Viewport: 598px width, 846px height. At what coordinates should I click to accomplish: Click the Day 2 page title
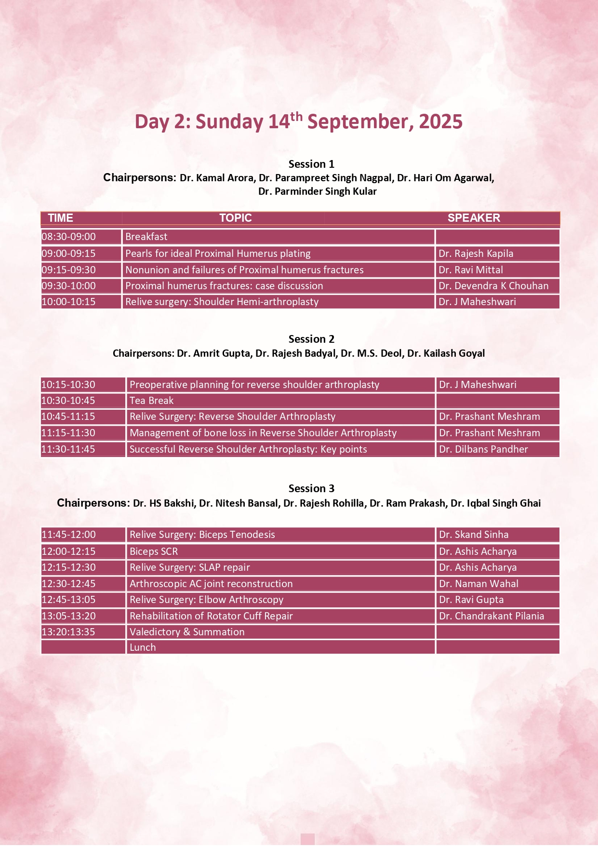click(298, 121)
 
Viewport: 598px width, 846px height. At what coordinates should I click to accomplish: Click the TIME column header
click(61, 218)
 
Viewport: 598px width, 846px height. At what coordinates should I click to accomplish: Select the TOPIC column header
click(235, 218)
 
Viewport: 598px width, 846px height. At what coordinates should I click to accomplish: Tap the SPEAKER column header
click(474, 218)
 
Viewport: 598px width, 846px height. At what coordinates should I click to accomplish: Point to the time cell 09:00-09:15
click(68, 254)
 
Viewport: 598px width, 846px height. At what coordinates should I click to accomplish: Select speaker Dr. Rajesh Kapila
click(476, 254)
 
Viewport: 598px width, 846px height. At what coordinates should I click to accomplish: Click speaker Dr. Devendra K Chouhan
click(493, 286)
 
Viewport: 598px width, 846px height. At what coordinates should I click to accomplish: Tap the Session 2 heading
click(311, 339)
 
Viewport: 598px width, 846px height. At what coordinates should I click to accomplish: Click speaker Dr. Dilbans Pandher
click(483, 449)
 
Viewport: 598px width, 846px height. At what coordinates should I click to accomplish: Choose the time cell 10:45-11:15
click(68, 416)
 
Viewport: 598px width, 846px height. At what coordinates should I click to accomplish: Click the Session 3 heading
click(311, 488)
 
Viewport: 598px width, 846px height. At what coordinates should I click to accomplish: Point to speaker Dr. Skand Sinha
click(474, 535)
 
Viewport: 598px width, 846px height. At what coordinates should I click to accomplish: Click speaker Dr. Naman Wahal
click(478, 584)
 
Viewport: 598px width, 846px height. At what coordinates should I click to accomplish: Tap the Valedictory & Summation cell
click(187, 632)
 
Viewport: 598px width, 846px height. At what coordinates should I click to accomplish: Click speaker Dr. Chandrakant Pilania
click(492, 616)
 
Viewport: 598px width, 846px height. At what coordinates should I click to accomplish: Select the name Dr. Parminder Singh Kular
click(318, 191)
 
